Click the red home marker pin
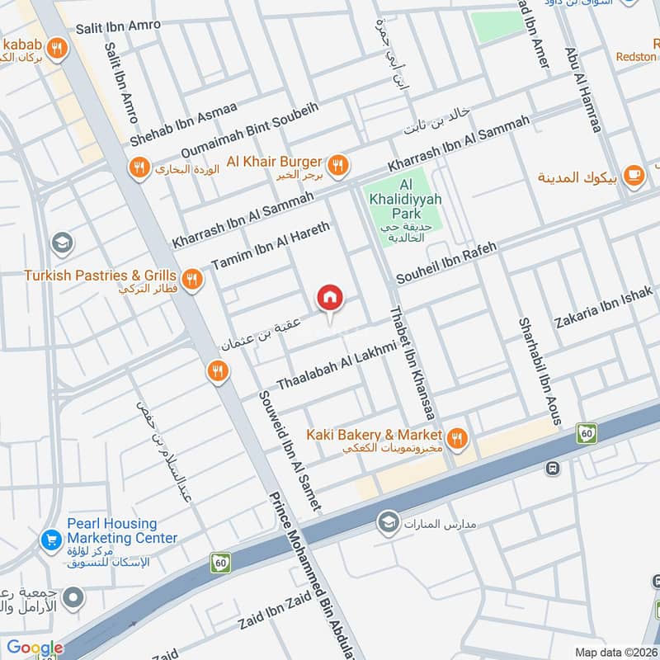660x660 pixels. pos(330,298)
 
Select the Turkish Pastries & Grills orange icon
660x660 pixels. pos(193,280)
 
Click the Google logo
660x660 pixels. pos(35,648)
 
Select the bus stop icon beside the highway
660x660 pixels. pos(551,468)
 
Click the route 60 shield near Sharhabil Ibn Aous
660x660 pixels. pos(587,432)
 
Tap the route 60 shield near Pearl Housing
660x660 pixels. pos(219,563)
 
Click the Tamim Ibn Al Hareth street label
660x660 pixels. pos(271,246)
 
